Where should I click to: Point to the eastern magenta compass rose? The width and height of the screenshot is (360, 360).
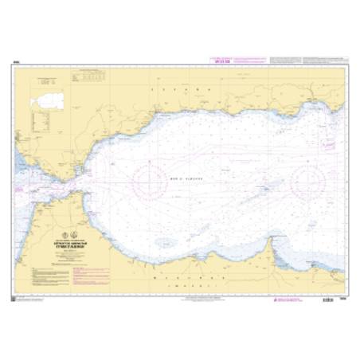pyautogui.click(x=307, y=182)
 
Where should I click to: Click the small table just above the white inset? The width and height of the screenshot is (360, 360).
pyautogui.click(x=45, y=81)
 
